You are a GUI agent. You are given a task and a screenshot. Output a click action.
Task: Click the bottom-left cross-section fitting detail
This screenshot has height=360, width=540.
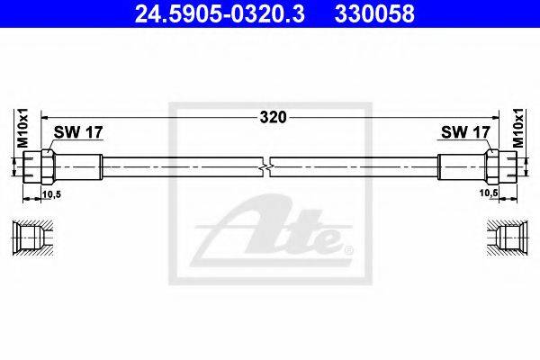tap(33, 238)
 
